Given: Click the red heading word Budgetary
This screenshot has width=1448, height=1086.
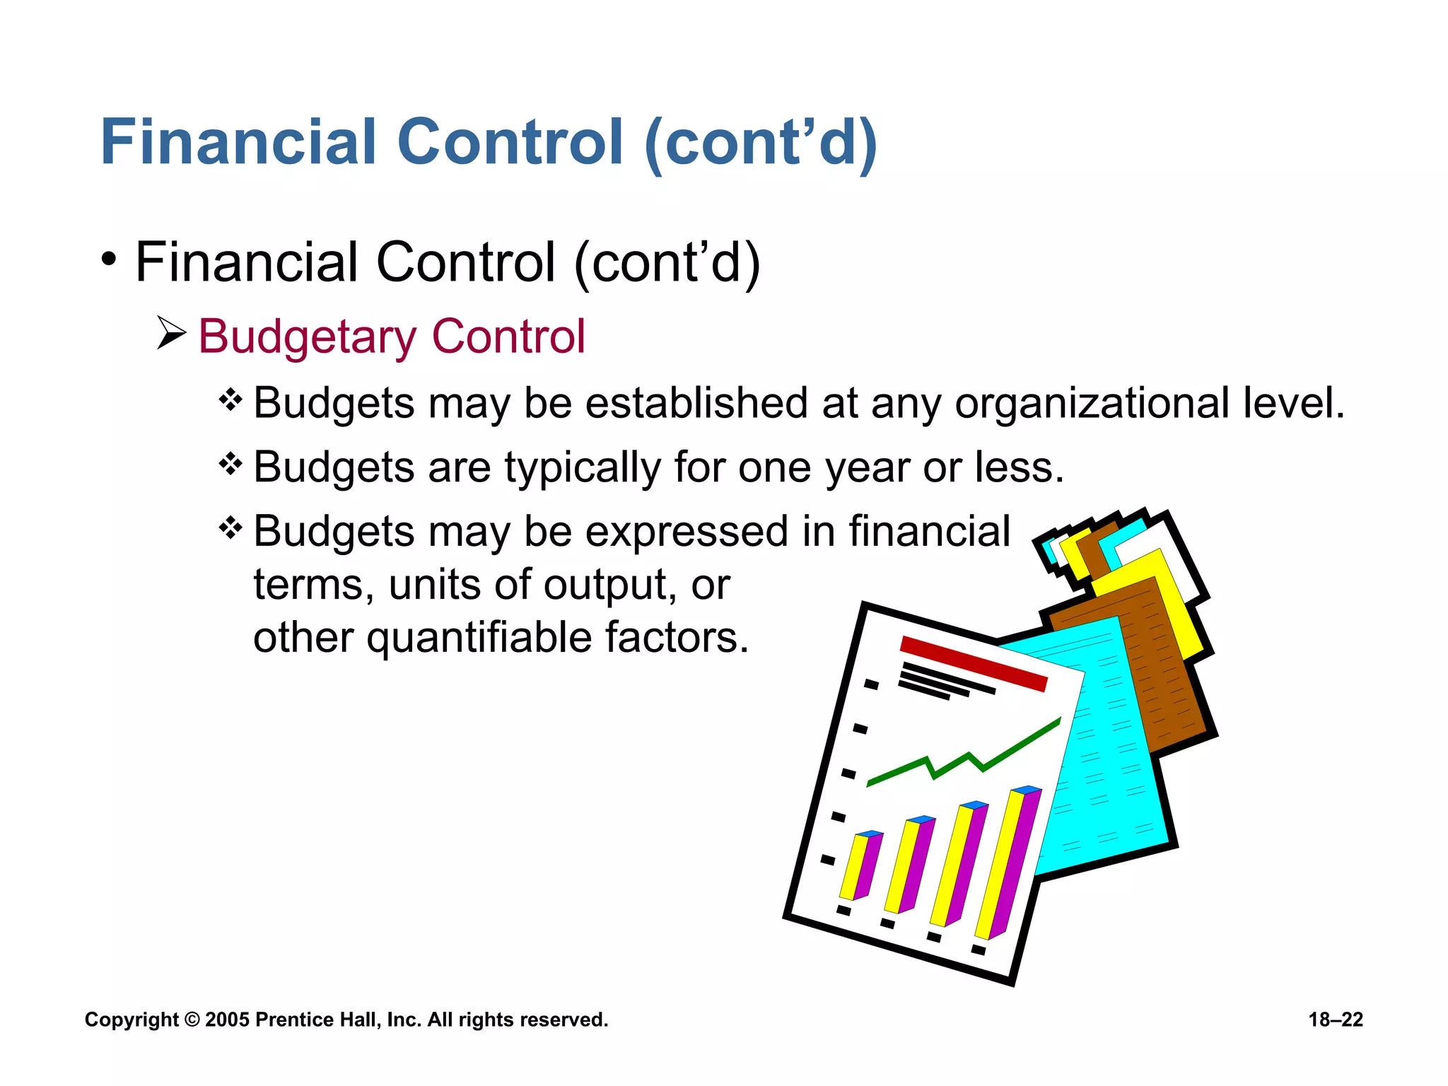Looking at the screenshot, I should click(308, 337).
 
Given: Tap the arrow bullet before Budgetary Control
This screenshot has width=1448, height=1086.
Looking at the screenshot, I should click(170, 333).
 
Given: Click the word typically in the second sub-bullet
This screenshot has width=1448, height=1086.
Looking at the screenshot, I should click(582, 468).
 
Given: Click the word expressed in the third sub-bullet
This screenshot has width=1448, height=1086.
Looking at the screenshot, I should click(687, 532).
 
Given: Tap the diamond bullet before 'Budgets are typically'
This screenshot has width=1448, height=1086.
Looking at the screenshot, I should click(230, 465).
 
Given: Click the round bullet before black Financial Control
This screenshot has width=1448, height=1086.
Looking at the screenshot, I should click(108, 260).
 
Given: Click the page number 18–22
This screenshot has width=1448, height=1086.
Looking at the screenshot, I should click(1335, 1020).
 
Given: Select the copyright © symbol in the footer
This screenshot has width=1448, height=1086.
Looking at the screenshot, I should click(192, 1020).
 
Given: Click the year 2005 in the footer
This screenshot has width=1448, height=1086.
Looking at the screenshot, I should click(227, 1020).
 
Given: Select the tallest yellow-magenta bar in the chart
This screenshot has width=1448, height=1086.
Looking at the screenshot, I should click(1007, 863).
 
